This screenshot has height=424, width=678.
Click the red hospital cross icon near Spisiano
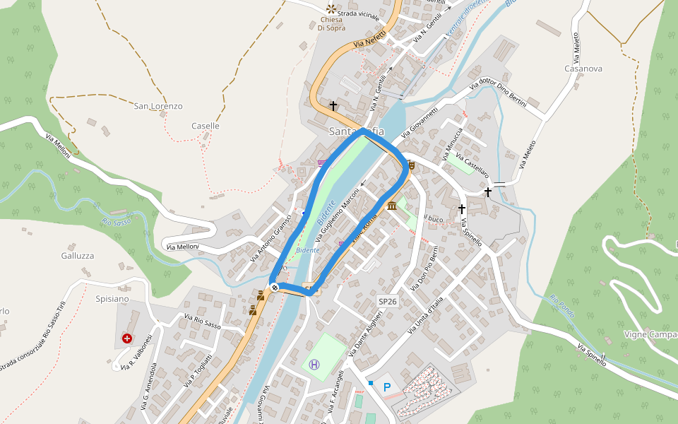click(127, 339)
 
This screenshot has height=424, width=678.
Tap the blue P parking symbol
click(386, 387)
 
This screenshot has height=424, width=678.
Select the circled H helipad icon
click(314, 365)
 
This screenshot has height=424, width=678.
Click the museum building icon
click(391, 206)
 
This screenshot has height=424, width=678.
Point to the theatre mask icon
click(411, 165)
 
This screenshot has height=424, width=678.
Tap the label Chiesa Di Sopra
click(331, 23)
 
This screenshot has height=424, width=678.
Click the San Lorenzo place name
click(158, 106)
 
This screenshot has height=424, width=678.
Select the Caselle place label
click(206, 126)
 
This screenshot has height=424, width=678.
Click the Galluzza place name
click(78, 255)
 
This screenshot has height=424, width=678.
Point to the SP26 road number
click(388, 300)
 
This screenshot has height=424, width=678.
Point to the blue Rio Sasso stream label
click(117, 222)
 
